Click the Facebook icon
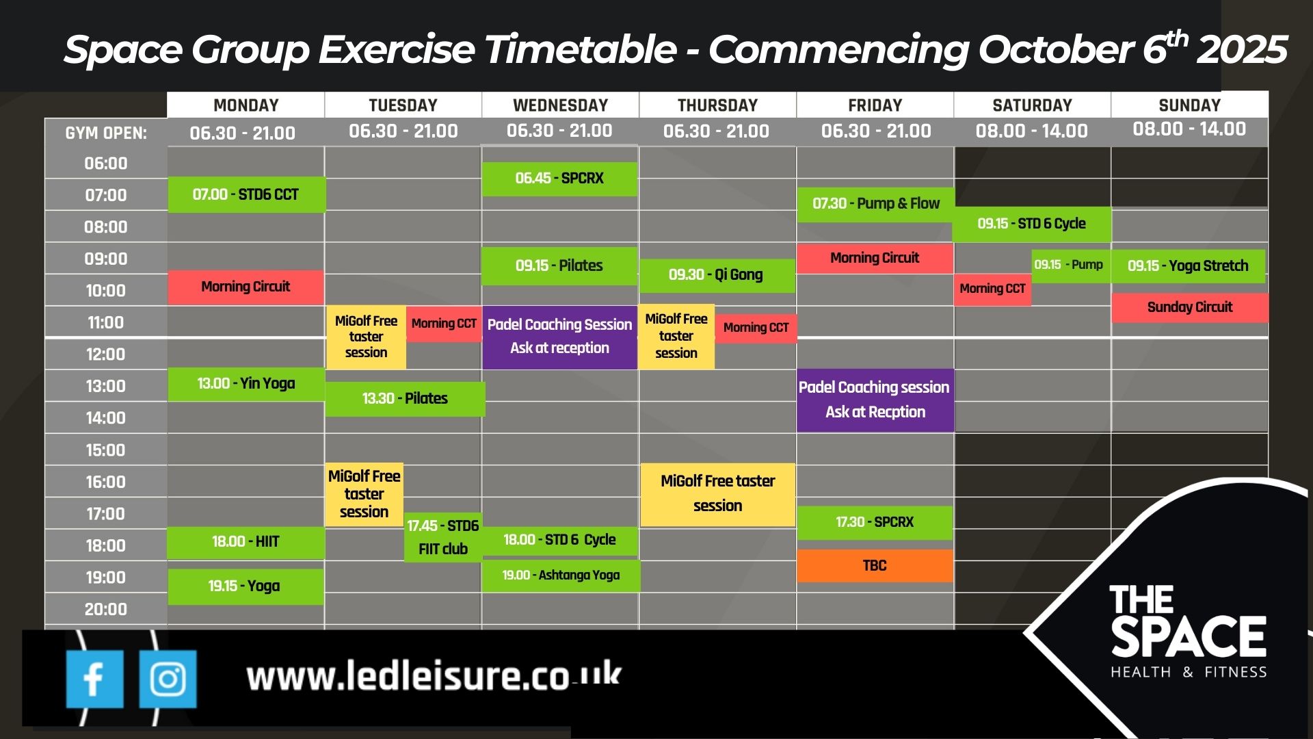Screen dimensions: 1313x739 pos(94,679)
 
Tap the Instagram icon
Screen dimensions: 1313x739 pos(168,679)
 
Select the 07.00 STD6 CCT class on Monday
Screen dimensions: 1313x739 pos(246,194)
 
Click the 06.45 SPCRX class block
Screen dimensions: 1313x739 pos(559,179)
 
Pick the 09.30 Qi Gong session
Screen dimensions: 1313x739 pos(717,275)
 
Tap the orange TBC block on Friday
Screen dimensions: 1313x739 pos(875,566)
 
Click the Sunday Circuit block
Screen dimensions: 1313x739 pos(1190,307)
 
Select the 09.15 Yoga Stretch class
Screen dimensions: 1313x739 pos(1188,265)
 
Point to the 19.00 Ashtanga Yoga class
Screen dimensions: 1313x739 pos(561,575)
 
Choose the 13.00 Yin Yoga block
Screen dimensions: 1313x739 pos(246,384)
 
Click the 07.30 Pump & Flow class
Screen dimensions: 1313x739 pos(875,204)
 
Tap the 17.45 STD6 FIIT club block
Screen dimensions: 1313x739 pos(443,537)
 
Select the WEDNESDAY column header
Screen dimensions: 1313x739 pos(560,105)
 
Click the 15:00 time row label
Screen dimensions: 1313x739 pos(105,450)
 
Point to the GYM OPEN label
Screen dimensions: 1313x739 pos(106,133)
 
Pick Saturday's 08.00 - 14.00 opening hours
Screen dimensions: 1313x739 pos(1031,131)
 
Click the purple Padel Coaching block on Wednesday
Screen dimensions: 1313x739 pos(559,337)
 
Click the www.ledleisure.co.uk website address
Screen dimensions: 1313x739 pos(434,676)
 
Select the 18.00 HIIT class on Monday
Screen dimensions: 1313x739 pos(246,542)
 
